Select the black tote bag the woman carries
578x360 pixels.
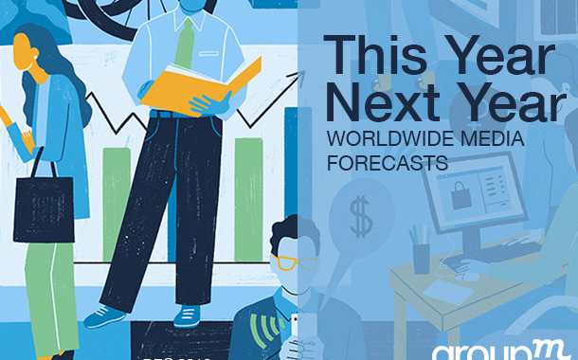[43, 205]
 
